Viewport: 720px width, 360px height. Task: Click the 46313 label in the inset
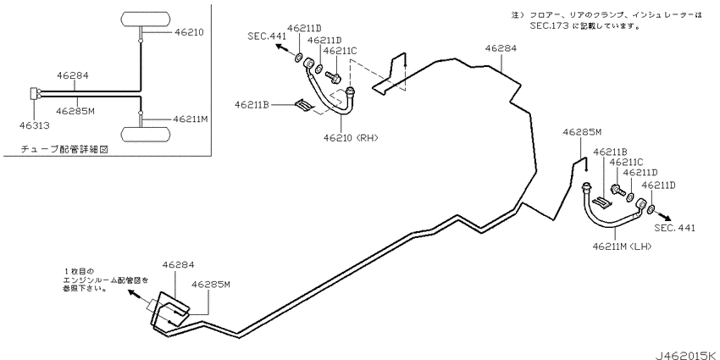point(35,125)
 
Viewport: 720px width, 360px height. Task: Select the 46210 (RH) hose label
point(351,137)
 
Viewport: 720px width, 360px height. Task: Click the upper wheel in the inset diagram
point(146,19)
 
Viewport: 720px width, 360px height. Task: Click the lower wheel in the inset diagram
point(146,134)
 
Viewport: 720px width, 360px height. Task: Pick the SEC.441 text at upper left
point(267,36)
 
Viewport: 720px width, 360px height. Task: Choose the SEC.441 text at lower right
point(674,227)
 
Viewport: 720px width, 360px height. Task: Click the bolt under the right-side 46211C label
point(618,190)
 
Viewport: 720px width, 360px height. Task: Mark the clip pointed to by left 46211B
point(305,106)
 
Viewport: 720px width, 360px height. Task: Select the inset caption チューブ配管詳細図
point(64,149)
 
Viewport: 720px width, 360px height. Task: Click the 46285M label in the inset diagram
point(75,111)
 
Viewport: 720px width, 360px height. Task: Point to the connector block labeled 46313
point(35,93)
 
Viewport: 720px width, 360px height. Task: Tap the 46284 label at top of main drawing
point(501,48)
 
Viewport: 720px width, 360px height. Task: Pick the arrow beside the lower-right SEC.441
point(663,215)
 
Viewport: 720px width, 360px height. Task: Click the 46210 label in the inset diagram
point(189,32)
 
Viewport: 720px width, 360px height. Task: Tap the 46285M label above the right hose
point(582,132)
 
